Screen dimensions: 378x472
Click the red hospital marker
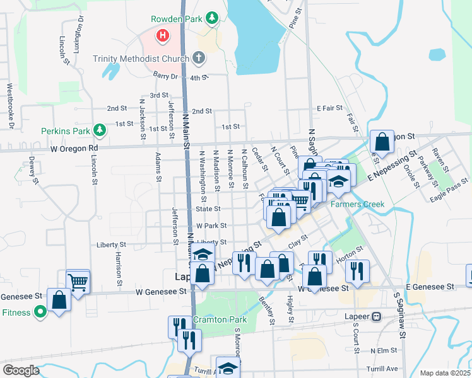163,35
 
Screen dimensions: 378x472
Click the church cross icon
199,59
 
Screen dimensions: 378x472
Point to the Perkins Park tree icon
99,130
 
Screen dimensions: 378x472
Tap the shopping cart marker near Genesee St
78,282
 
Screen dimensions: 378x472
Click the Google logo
21,370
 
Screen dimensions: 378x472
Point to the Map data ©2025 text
445,373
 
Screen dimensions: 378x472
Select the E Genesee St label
431,287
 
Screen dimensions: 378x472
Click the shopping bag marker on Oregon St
382,142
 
